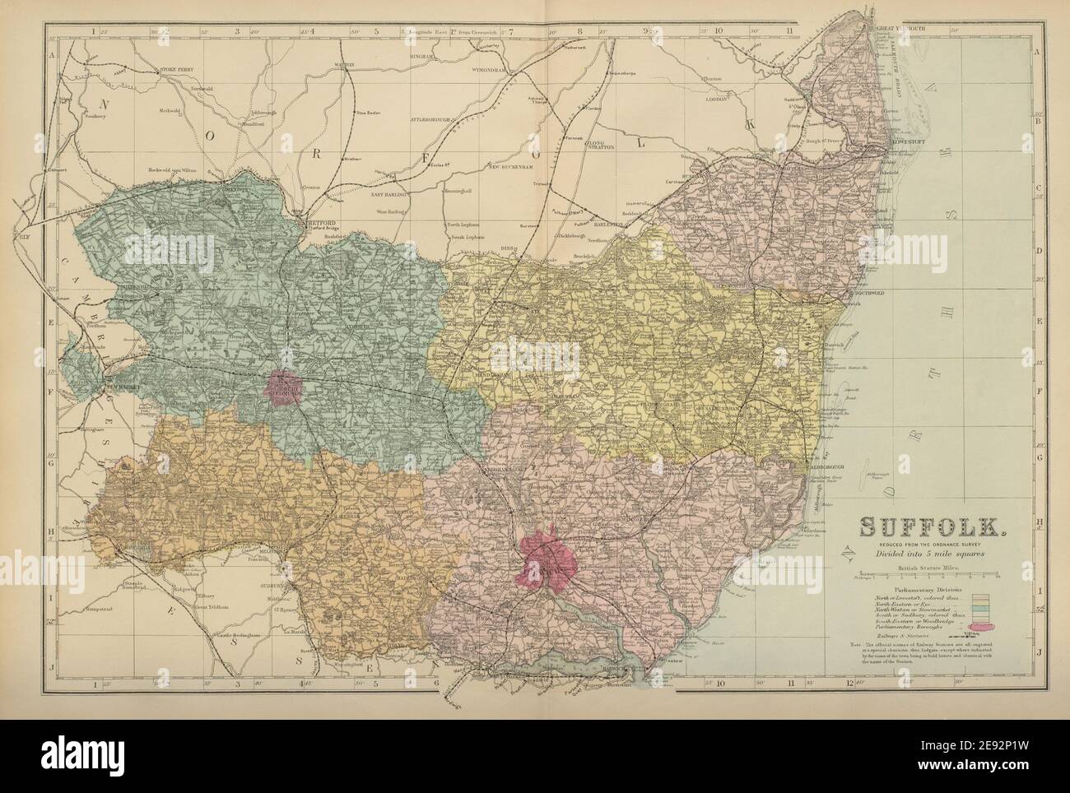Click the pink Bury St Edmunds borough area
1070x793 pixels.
pos(284,386)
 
